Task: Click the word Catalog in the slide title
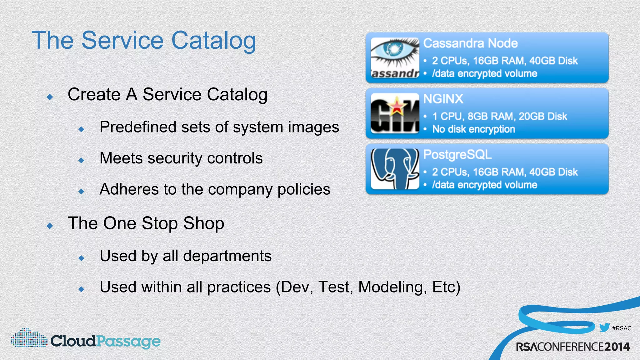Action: [213, 41]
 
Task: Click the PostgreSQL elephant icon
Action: [395, 169]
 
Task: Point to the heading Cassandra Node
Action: [470, 43]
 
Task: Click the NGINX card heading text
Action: [443, 99]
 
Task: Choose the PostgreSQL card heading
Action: [457, 155]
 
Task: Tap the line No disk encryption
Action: [473, 129]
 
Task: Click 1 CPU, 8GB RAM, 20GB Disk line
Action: [499, 116]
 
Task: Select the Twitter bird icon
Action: [604, 327]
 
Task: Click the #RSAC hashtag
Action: [622, 328]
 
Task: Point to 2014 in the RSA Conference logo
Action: [617, 347]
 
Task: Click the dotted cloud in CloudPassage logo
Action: [29, 338]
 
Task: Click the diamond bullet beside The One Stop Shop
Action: [50, 226]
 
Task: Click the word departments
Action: [227, 256]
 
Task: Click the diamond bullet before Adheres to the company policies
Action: [82, 191]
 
